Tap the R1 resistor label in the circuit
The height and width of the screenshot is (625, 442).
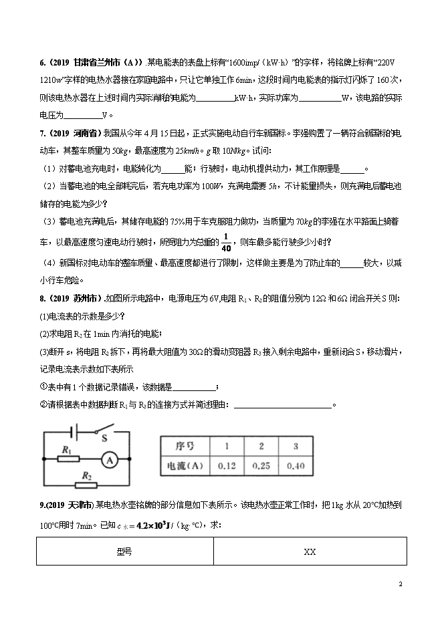[66, 451]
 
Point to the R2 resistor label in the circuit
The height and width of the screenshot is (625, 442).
[86, 475]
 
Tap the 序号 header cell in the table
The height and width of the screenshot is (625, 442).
[185, 447]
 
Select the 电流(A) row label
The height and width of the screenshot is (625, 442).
[185, 466]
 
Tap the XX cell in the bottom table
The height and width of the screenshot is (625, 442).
[310, 552]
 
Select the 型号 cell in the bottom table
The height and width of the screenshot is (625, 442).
[124, 552]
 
